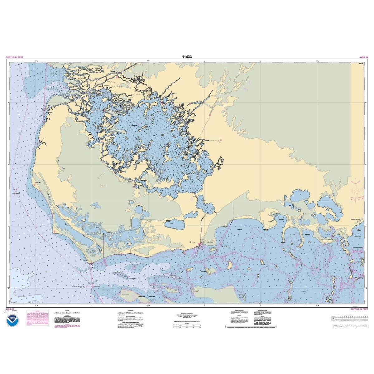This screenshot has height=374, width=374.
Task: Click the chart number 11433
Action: pyautogui.click(x=187, y=57)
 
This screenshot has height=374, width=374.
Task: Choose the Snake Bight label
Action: pyautogui.click(x=240, y=230)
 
